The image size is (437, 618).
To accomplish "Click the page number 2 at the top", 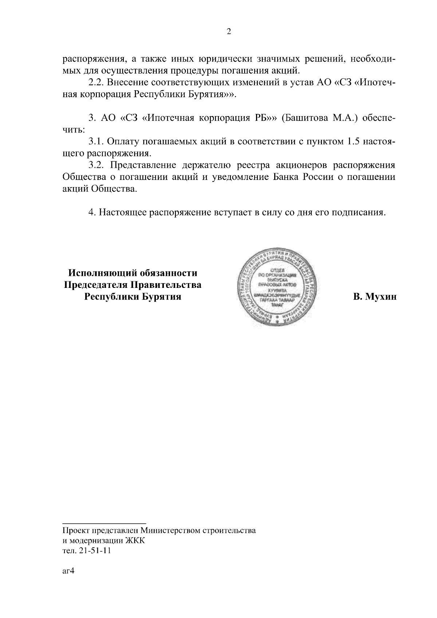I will pyautogui.click(x=228, y=32).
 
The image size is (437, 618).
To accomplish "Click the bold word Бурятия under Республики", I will pyautogui.click(x=161, y=297).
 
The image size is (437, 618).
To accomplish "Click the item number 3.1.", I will pyautogui.click(x=97, y=142).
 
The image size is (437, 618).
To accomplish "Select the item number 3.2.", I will pyautogui.click(x=97, y=165).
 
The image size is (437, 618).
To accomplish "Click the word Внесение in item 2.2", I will pyautogui.click(x=126, y=82).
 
